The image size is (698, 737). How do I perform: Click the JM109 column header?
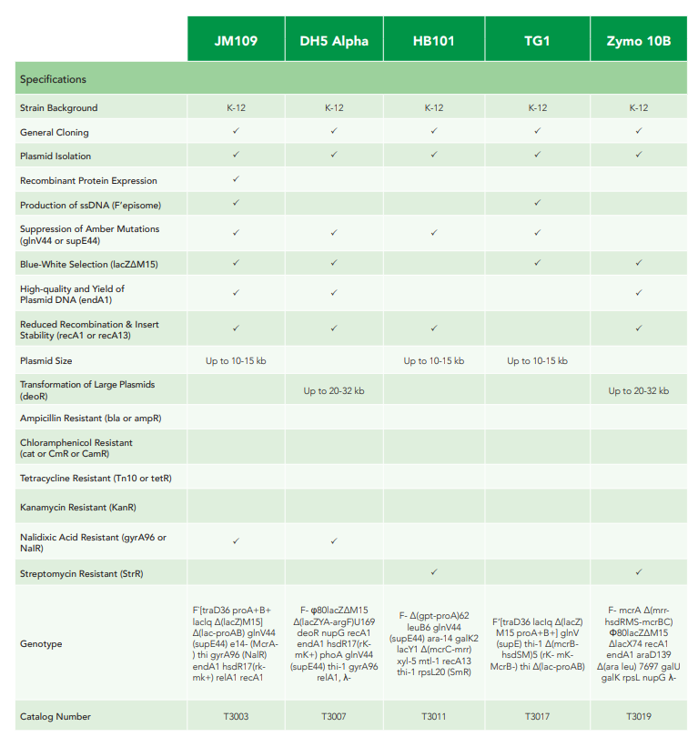click(236, 40)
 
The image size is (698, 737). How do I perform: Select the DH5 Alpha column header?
click(334, 40)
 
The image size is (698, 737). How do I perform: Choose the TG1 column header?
click(537, 40)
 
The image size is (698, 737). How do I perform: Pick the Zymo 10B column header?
click(639, 40)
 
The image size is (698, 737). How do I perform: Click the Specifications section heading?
click(53, 79)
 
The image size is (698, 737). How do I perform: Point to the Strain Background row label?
click(58, 107)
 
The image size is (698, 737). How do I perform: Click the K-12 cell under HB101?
click(434, 107)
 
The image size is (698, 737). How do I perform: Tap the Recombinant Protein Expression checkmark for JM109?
click(236, 179)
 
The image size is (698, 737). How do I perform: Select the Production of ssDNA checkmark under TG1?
click(537, 203)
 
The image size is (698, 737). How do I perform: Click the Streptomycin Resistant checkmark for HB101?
click(434, 572)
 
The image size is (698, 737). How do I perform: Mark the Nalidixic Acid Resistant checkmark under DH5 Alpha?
click(334, 540)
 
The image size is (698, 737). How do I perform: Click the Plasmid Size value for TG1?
click(537, 360)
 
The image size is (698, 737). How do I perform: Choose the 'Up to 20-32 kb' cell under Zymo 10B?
click(639, 390)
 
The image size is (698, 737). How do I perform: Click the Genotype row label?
click(42, 643)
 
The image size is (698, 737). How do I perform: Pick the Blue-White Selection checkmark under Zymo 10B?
click(639, 263)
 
